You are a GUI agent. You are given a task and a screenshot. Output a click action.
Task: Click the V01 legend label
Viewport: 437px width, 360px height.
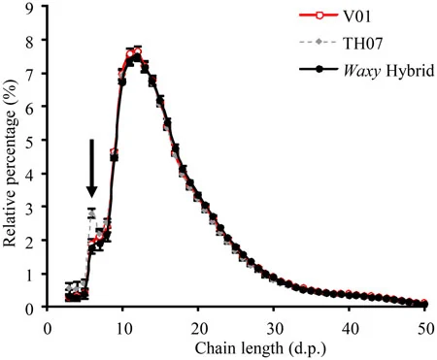tap(357, 16)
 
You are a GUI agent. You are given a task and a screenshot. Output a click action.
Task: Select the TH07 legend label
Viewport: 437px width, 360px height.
tap(363, 43)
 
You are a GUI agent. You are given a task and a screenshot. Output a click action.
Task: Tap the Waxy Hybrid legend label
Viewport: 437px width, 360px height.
tap(388, 71)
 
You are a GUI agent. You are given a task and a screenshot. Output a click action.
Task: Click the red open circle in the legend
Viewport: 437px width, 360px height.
tap(319, 16)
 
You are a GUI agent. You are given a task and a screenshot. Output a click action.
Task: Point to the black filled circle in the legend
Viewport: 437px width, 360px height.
tap(319, 69)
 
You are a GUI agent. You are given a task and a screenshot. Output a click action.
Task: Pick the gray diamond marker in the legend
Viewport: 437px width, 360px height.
tap(319, 42)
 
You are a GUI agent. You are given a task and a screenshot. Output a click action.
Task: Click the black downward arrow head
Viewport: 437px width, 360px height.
tap(92, 191)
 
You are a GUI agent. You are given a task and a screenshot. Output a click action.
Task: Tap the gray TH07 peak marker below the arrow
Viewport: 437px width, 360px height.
tap(92, 213)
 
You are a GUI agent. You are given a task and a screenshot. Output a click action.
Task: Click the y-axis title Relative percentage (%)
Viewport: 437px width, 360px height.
tap(10, 163)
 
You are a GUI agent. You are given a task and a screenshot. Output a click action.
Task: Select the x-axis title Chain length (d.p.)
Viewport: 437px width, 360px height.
tap(260, 348)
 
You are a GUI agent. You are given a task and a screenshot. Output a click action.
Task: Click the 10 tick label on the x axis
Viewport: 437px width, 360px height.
tap(123, 329)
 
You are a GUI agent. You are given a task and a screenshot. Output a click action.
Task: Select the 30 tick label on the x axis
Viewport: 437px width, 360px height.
tap(274, 329)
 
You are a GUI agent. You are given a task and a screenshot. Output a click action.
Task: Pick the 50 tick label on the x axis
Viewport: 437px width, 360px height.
tap(425, 329)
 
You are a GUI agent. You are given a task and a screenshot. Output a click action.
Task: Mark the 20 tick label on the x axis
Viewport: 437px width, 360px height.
tap(198, 329)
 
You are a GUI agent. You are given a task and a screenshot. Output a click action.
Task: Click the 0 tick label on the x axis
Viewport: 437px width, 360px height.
tap(48, 329)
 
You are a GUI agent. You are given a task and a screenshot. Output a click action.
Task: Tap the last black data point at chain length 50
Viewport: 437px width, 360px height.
tap(424, 304)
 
